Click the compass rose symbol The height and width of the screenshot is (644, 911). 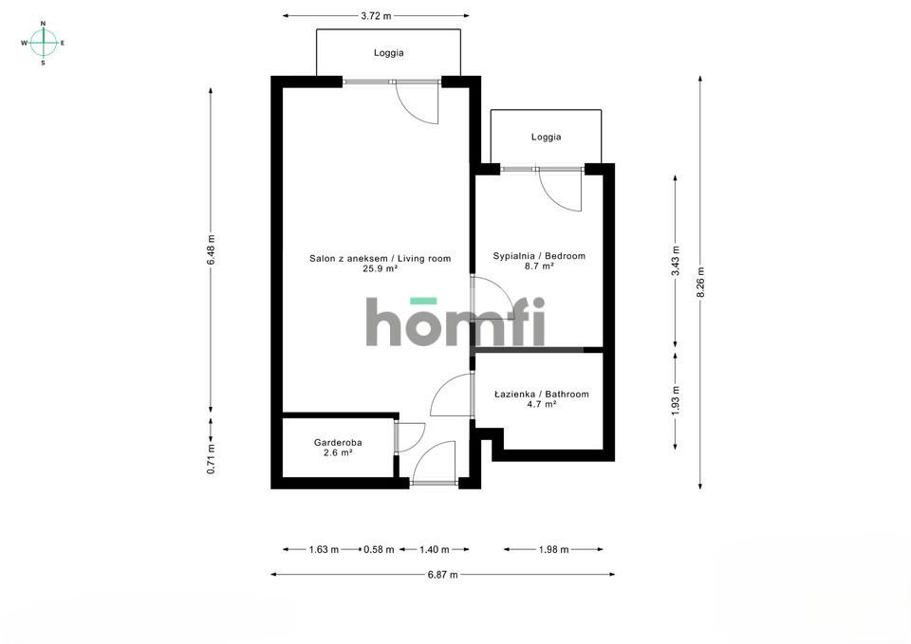tap(43, 43)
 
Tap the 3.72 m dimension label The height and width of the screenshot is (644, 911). tap(376, 16)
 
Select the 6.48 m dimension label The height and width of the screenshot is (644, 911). tap(211, 250)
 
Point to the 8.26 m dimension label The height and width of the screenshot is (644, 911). tap(700, 283)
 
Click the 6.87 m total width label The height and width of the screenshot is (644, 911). tap(443, 575)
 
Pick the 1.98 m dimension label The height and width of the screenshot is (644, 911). tap(553, 549)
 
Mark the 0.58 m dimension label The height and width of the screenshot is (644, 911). tap(379, 549)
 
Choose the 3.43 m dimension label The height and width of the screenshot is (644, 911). tap(676, 262)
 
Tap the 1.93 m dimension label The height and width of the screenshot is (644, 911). tap(676, 400)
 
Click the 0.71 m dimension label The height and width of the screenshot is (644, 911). tap(211, 459)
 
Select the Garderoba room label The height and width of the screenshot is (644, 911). tap(338, 443)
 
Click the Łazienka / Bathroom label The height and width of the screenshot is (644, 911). tap(542, 395)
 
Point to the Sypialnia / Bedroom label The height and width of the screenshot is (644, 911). tap(539, 256)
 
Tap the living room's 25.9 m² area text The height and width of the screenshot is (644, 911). tap(380, 268)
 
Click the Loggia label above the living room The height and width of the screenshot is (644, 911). tap(389, 53)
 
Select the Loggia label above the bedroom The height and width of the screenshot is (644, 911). tap(547, 138)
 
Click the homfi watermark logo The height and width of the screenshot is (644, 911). tap(455, 322)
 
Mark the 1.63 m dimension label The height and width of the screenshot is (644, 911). tap(324, 549)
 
